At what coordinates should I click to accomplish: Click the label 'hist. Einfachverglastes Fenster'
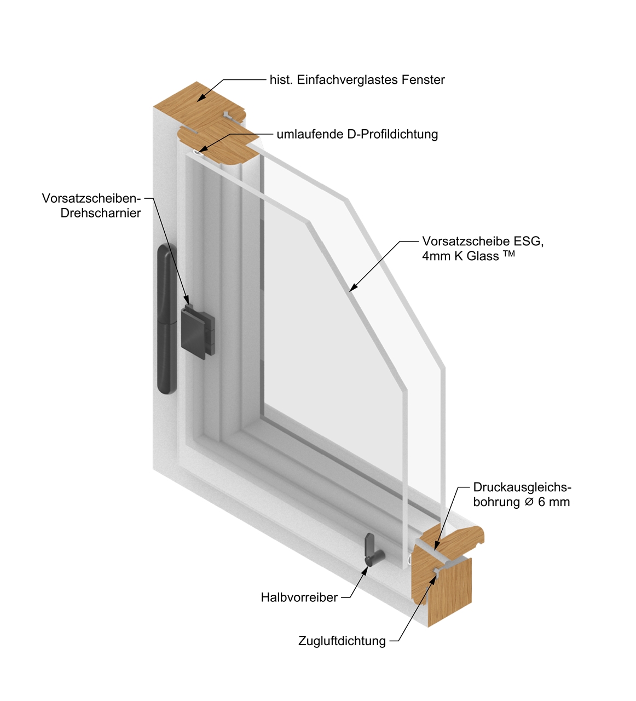click(357, 80)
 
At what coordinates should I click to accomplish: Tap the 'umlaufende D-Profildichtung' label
click(357, 134)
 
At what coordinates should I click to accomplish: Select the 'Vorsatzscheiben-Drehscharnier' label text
click(91, 205)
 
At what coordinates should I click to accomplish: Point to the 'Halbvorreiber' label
click(299, 597)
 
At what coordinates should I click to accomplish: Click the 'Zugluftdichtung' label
click(342, 641)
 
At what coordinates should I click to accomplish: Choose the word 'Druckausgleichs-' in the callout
click(522, 487)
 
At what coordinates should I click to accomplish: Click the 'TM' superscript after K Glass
click(509, 254)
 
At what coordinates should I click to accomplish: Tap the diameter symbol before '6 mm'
click(529, 502)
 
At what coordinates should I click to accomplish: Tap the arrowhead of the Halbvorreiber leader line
click(365, 570)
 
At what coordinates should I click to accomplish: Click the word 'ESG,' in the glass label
click(528, 242)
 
